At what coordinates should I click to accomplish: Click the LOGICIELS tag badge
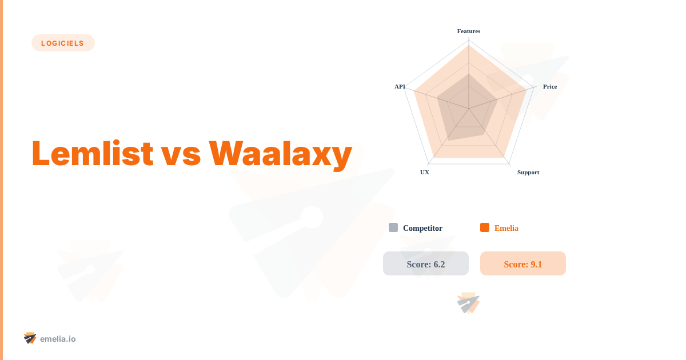click(x=63, y=43)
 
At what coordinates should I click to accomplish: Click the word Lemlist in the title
click(x=92, y=154)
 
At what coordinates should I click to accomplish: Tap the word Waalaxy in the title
click(x=280, y=154)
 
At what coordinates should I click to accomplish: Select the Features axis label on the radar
click(x=469, y=31)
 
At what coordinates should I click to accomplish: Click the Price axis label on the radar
click(x=549, y=86)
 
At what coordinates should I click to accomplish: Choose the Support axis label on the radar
click(x=528, y=172)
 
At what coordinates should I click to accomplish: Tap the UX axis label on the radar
click(x=425, y=172)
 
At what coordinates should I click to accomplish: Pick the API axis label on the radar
click(x=400, y=86)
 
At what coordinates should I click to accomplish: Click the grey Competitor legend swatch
click(x=393, y=227)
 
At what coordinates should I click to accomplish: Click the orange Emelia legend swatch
click(x=485, y=227)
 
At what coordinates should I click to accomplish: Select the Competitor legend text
click(x=422, y=228)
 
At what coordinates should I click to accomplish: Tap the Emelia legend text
click(x=506, y=228)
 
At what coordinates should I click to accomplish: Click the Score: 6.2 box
click(x=426, y=263)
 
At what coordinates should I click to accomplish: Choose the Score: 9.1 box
click(x=523, y=263)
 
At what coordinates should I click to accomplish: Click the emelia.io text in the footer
click(x=58, y=339)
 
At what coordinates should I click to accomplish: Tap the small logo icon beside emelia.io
click(x=30, y=338)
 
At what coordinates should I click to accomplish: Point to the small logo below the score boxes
click(x=469, y=303)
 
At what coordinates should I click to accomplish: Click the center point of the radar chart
click(x=469, y=109)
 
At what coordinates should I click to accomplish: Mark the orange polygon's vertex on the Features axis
click(x=469, y=46)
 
